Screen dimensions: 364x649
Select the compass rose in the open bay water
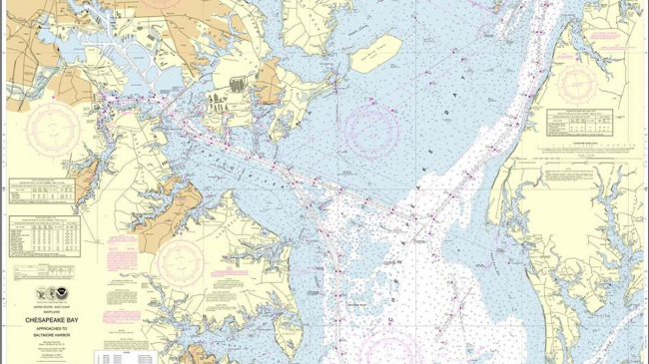[371, 127]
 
